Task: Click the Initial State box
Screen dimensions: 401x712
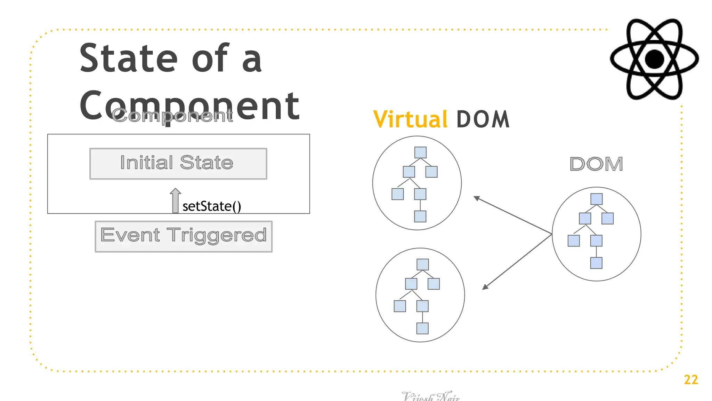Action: [178, 164]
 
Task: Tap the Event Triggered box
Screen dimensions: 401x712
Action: [184, 236]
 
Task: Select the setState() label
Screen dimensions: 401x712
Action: [211, 206]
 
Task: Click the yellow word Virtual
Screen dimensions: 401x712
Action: [410, 119]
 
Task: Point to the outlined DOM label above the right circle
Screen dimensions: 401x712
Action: [596, 164]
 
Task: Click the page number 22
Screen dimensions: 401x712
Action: [691, 379]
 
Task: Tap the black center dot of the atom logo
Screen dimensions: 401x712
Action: [654, 59]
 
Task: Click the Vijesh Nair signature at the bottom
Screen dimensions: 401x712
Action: [430, 396]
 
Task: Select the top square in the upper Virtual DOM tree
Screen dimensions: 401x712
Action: [420, 152]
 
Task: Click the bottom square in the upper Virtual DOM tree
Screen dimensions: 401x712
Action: [420, 216]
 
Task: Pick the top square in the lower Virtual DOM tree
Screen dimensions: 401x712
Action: [422, 265]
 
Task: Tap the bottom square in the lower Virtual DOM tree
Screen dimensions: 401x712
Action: [422, 328]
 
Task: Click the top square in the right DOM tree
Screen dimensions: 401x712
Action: [596, 199]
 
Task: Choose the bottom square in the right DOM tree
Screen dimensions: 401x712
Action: [596, 263]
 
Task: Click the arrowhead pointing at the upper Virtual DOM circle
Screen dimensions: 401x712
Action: [477, 198]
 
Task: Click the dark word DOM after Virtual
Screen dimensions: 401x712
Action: [483, 119]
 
